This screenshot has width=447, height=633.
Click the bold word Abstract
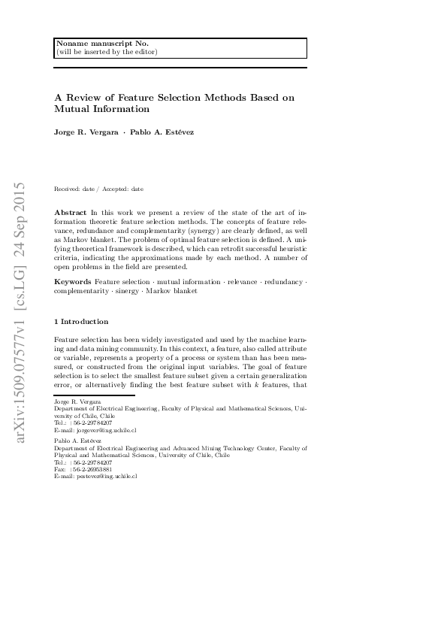pos(71,214)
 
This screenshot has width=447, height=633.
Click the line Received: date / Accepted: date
pos(99,189)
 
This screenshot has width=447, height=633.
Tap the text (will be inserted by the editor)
pos(107,52)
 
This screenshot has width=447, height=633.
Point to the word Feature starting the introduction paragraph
pos(68,341)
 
